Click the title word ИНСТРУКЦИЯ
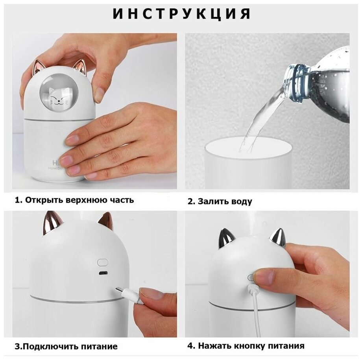coord(182,14)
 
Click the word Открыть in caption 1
coord(44,200)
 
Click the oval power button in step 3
coord(103,262)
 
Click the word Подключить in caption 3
coord(48,346)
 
